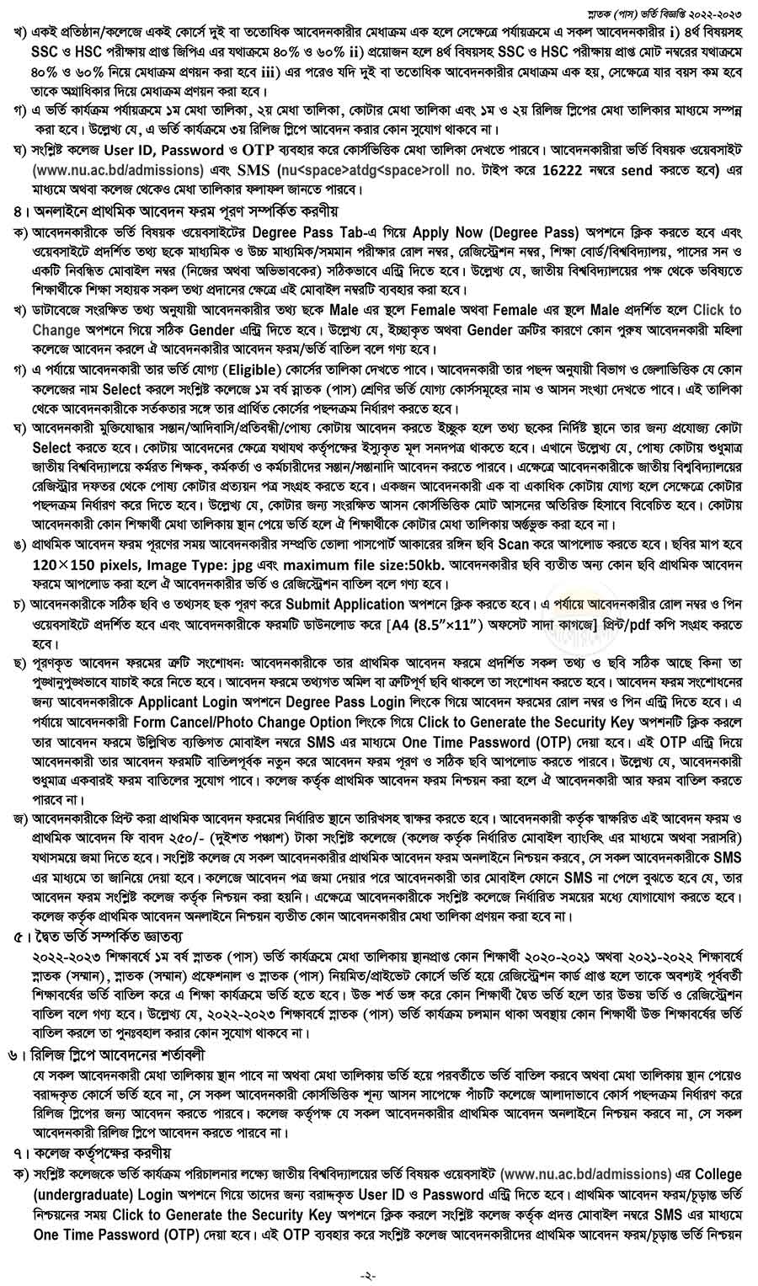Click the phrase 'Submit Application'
[x=345, y=604]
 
